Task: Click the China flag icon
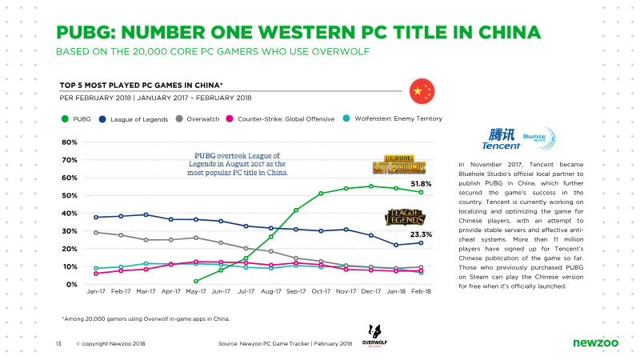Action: click(x=422, y=91)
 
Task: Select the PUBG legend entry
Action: click(x=76, y=119)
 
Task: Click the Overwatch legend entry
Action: click(x=198, y=119)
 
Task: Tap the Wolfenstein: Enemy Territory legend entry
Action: click(x=393, y=118)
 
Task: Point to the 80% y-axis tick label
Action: click(x=70, y=142)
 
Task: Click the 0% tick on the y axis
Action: click(x=72, y=285)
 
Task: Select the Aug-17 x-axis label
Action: click(x=271, y=291)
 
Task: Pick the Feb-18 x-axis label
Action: click(x=422, y=291)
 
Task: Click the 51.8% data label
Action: click(x=422, y=184)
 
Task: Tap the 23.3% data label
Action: click(x=422, y=234)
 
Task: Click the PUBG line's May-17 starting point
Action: click(x=196, y=282)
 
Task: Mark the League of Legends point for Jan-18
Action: click(x=396, y=246)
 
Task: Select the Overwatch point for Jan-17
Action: click(x=96, y=233)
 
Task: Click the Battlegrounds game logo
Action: click(x=399, y=165)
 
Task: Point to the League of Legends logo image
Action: click(x=406, y=218)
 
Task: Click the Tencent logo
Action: click(x=502, y=139)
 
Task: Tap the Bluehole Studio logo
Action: click(x=538, y=138)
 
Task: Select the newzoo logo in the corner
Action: click(x=595, y=343)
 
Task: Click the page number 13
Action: click(x=58, y=344)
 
